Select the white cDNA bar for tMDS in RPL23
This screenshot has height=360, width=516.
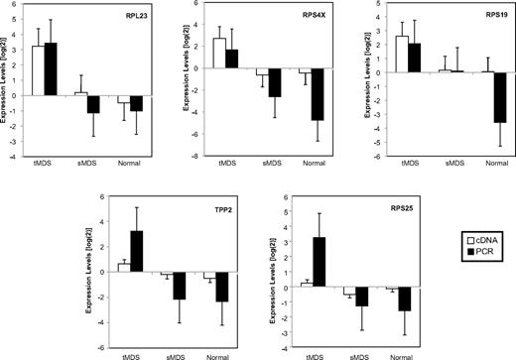pos(39,70)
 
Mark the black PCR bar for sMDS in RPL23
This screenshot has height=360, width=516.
pos(93,104)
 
